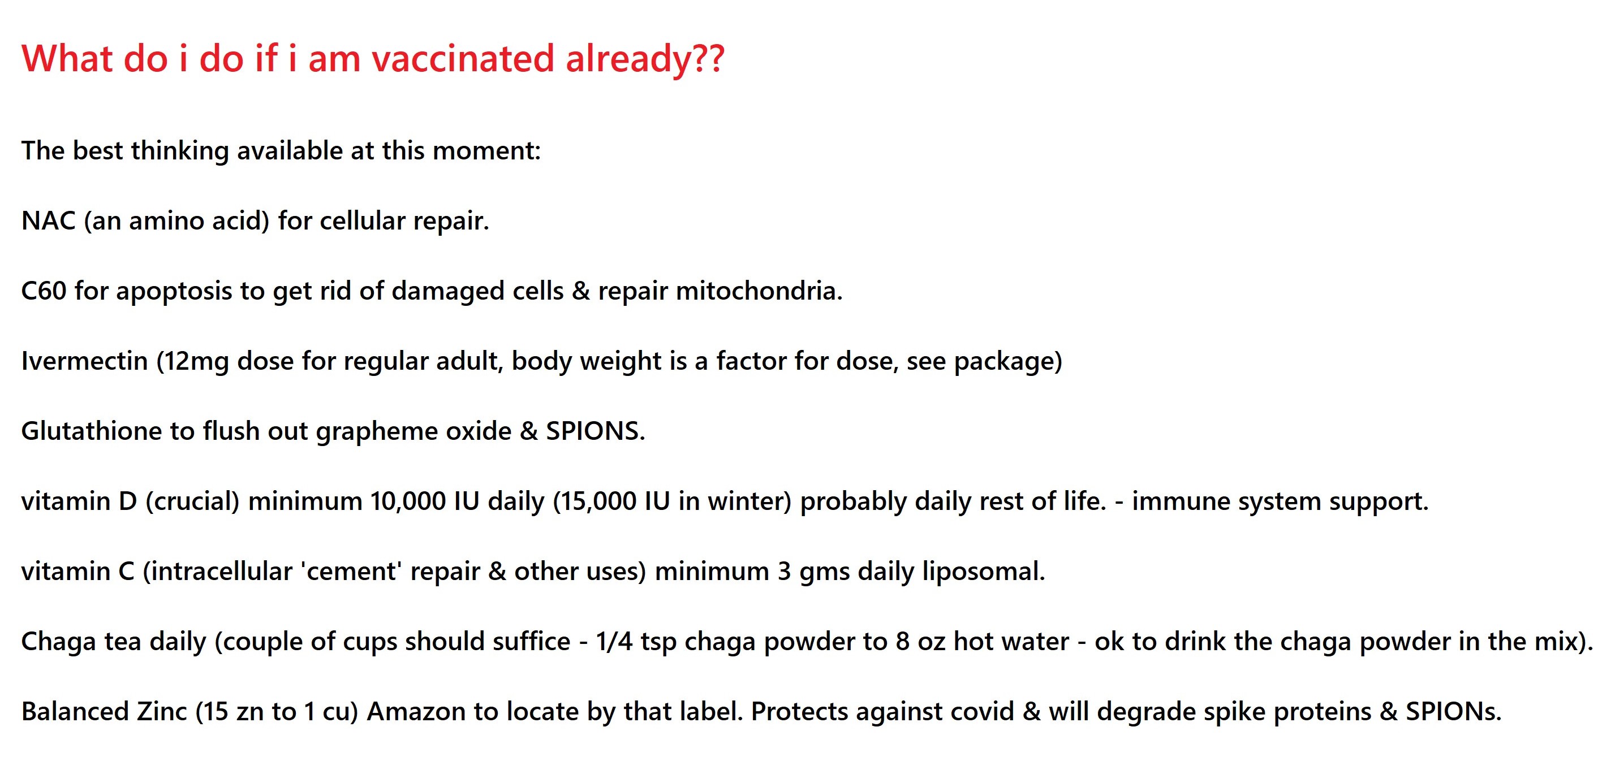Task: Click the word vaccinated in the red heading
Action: (x=463, y=58)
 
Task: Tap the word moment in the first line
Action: (x=486, y=150)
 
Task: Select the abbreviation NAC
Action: (x=49, y=220)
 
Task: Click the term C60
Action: (x=44, y=291)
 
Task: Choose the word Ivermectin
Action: (x=84, y=361)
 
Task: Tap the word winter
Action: (x=747, y=501)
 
